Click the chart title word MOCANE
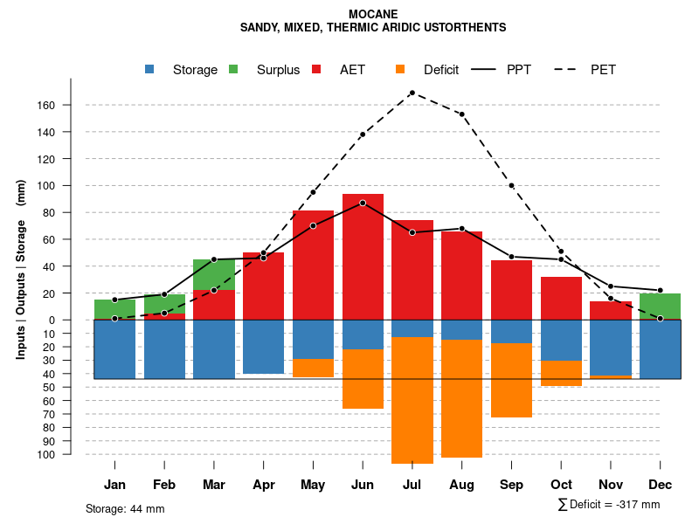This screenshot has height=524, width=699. click(373, 15)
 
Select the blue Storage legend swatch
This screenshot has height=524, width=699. click(149, 69)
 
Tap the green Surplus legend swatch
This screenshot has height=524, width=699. click(233, 69)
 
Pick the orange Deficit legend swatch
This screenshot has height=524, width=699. click(400, 69)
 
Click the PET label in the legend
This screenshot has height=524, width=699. click(603, 70)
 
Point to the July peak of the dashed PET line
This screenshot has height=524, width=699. click(412, 93)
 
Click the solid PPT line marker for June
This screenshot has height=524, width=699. click(363, 203)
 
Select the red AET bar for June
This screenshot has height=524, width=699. click(363, 262)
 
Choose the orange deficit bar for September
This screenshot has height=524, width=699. click(511, 380)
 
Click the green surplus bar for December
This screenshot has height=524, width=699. click(660, 307)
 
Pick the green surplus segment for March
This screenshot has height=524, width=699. click(214, 274)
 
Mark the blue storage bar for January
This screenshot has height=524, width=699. click(114, 349)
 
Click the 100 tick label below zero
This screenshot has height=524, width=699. click(71, 454)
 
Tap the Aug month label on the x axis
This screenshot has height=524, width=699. click(461, 485)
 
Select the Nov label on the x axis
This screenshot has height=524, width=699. click(611, 485)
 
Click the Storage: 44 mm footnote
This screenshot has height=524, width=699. click(125, 508)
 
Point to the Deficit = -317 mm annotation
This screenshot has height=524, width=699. click(609, 504)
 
